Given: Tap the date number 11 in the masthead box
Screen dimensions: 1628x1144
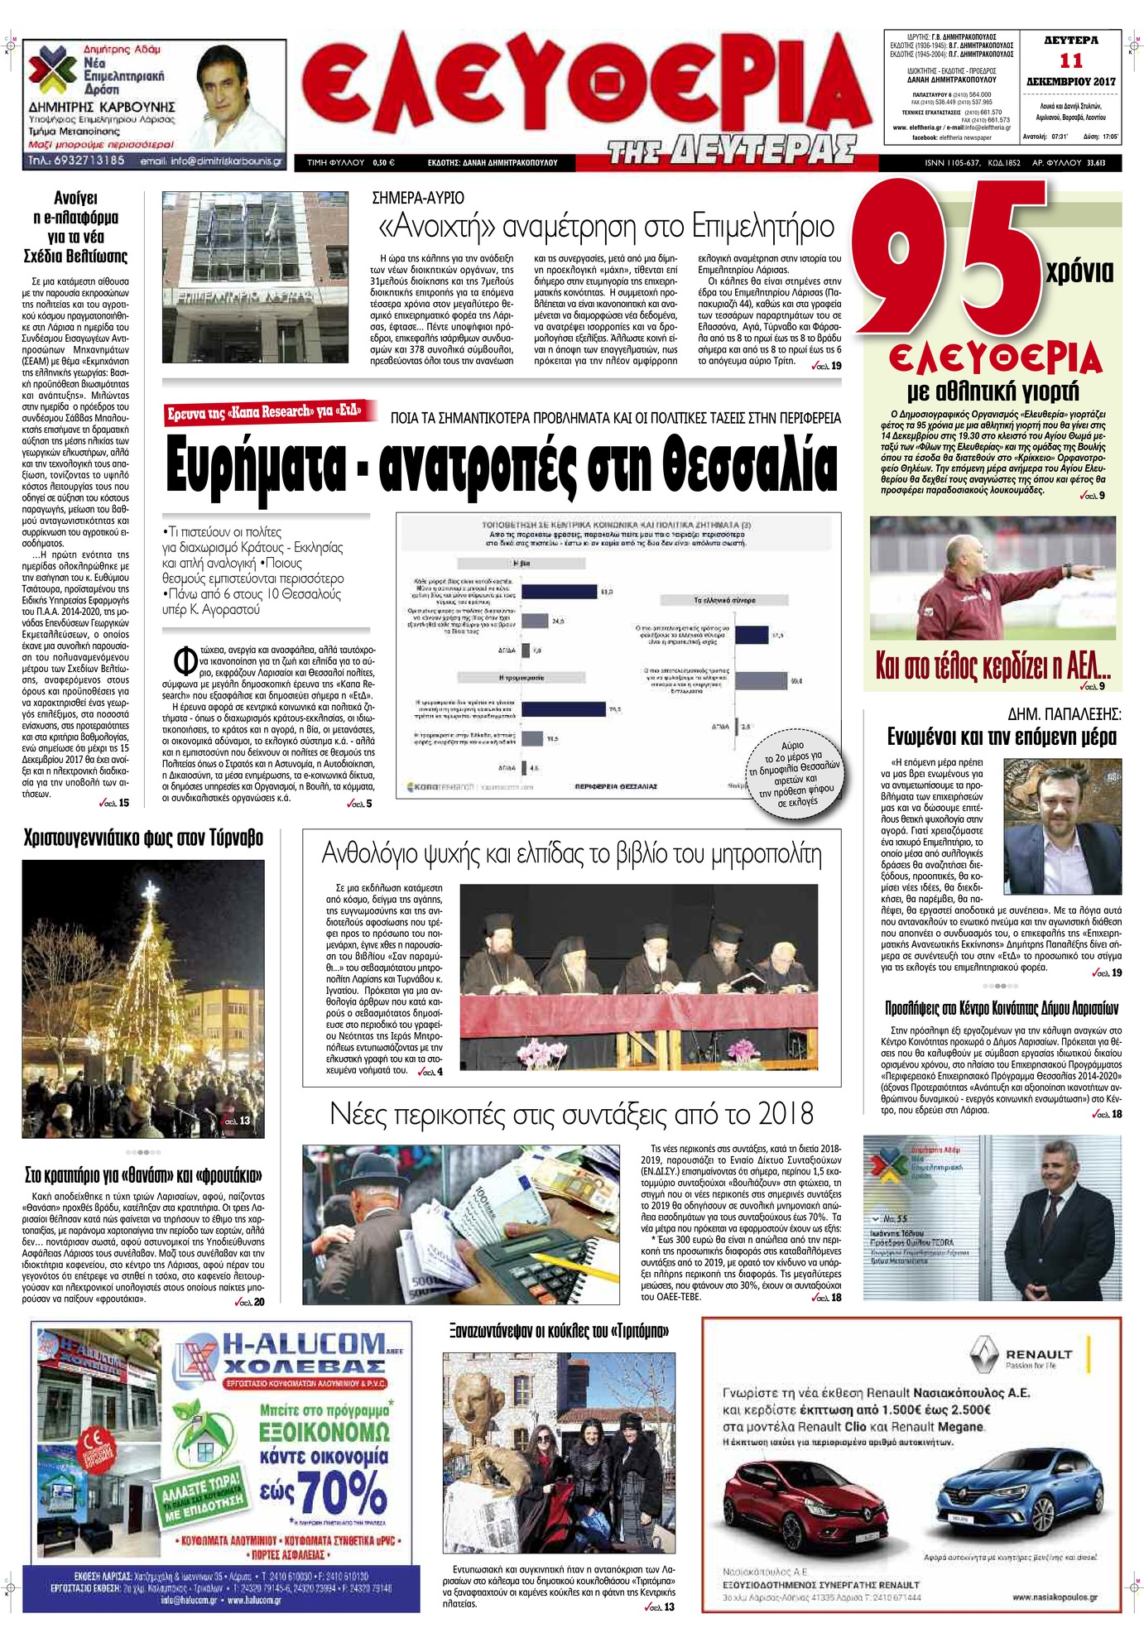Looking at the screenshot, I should click(1070, 60).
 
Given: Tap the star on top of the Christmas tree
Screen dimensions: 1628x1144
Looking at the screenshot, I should click(150, 892).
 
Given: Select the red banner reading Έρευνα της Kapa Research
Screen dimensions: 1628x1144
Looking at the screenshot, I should click(265, 411).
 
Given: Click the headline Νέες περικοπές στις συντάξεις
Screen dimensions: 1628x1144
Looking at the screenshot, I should click(571, 1113).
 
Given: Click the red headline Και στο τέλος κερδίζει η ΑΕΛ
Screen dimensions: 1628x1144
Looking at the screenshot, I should click(993, 665).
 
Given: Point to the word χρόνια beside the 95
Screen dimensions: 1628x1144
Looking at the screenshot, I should click(1079, 271).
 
